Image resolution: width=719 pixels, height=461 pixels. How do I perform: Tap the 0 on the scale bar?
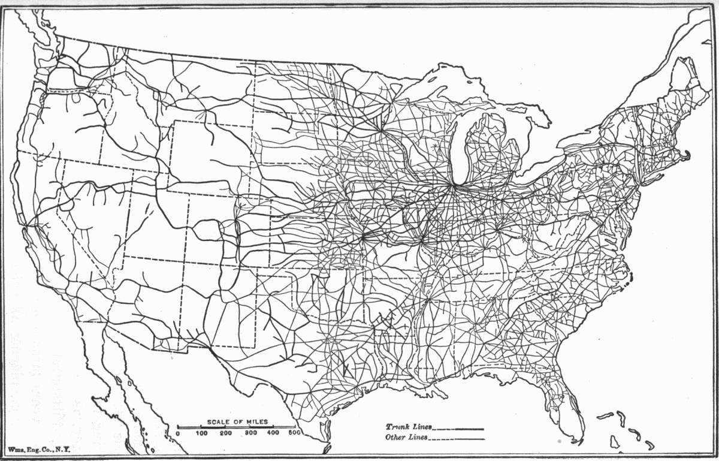(x=178, y=433)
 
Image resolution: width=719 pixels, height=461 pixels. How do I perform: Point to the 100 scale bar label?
(x=202, y=433)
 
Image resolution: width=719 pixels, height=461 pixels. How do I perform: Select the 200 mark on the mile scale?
(x=226, y=433)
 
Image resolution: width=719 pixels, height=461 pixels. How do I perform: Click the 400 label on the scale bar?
(x=273, y=433)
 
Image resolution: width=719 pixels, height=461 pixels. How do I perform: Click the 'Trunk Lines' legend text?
(x=407, y=427)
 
